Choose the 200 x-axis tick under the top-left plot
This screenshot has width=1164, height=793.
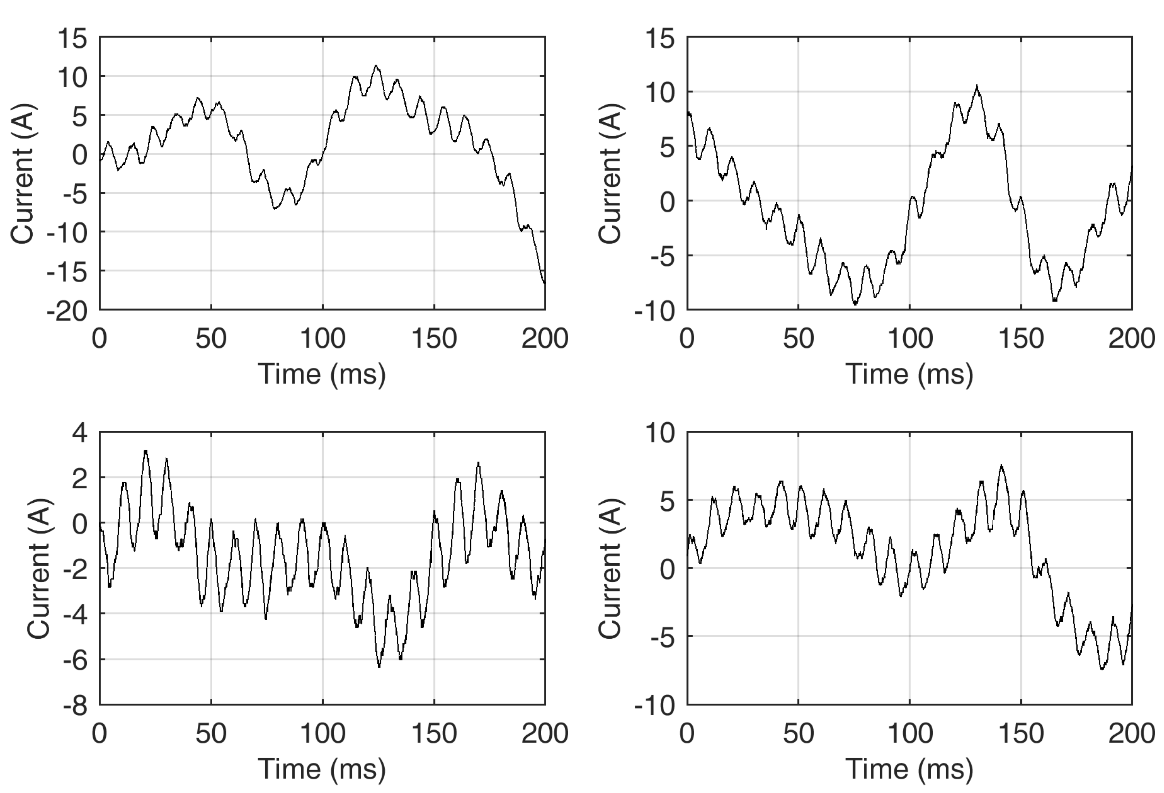(544, 339)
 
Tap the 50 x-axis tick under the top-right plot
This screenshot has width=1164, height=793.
(798, 339)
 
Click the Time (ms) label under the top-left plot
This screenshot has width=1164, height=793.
(322, 374)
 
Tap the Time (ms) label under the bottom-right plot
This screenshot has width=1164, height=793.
(909, 768)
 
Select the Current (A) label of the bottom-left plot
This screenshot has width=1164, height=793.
(39, 568)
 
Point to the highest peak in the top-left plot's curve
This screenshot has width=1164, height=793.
(376, 66)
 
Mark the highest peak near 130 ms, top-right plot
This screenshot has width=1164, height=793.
(977, 87)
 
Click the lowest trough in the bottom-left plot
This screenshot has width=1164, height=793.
(379, 666)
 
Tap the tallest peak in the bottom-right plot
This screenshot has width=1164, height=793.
(1002, 466)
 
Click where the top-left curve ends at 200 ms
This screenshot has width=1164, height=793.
(544, 284)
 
